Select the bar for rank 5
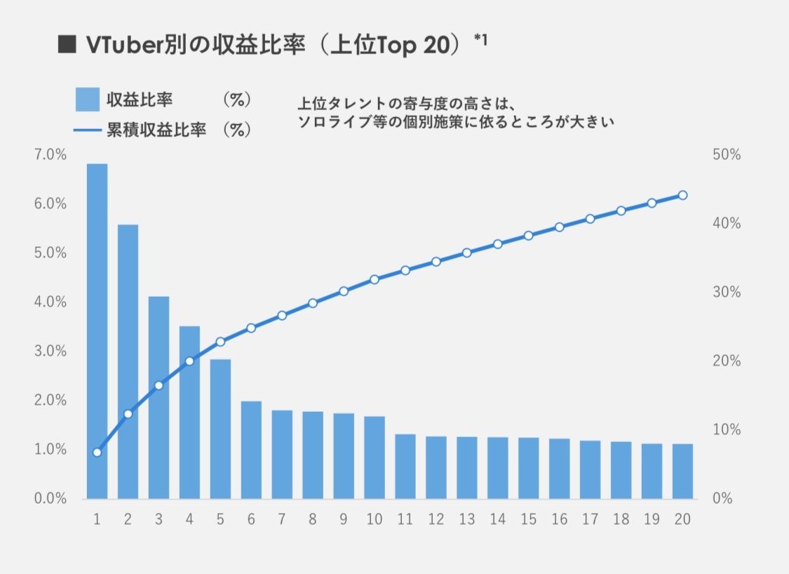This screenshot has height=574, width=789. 220,429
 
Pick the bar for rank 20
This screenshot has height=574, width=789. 682,471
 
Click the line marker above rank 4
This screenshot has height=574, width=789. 189,361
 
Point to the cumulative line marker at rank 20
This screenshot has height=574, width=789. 682,195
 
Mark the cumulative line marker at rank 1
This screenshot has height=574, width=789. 97,452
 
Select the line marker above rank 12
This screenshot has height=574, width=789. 436,262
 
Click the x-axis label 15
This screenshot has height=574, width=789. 528,519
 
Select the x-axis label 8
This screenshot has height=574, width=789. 313,519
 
